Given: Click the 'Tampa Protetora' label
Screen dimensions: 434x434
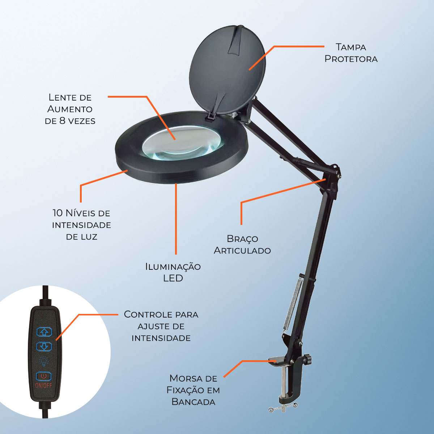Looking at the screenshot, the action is (x=351, y=53).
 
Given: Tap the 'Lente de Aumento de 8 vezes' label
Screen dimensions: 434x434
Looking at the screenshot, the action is (x=70, y=109).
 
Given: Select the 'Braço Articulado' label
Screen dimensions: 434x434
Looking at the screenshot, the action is (x=242, y=244).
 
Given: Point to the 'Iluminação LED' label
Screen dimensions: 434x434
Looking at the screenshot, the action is (x=173, y=272).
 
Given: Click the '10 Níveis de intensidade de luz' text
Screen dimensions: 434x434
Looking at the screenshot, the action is (x=81, y=225).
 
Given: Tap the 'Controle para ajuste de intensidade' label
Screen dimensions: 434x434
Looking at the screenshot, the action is (x=161, y=326).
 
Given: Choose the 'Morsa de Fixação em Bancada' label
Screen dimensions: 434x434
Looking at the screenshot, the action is (x=193, y=390).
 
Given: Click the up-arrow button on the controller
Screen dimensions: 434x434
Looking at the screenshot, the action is (x=44, y=332).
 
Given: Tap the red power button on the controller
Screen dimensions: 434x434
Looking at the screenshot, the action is (x=44, y=376).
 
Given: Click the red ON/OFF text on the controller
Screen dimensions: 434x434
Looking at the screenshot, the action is (x=43, y=385).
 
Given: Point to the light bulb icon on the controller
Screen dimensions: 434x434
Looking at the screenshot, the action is (x=44, y=361).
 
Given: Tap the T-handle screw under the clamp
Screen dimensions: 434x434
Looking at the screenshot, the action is (x=283, y=408).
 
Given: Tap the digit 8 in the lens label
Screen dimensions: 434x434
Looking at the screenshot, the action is (x=62, y=121).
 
